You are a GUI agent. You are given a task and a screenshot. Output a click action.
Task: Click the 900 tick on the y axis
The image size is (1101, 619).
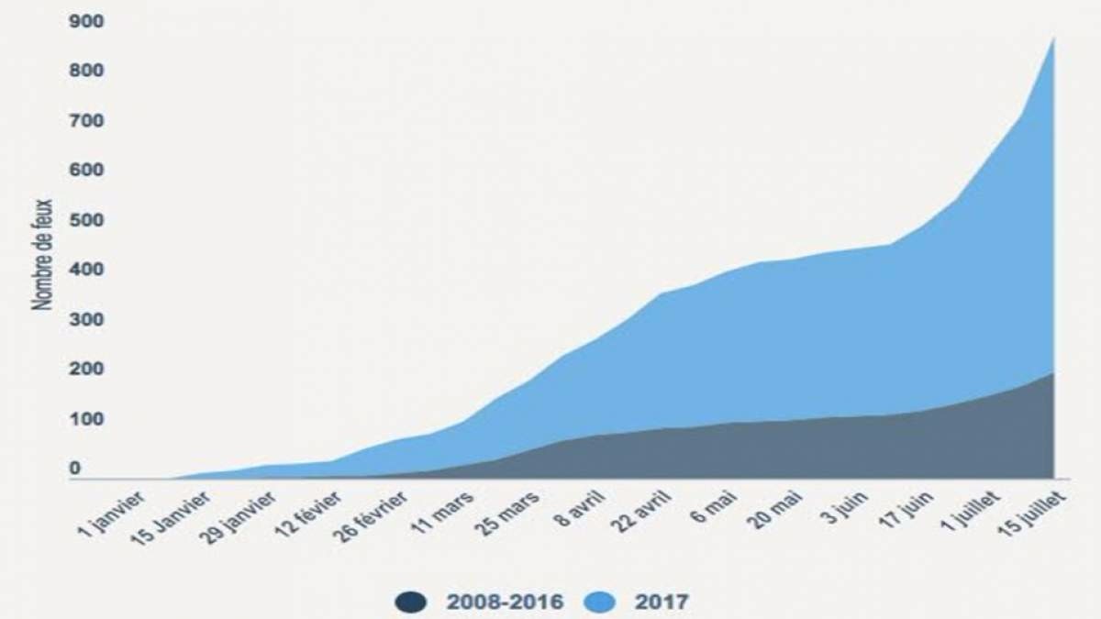click(x=86, y=21)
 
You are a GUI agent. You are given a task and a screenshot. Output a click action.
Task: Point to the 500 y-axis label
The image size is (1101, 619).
click(x=86, y=220)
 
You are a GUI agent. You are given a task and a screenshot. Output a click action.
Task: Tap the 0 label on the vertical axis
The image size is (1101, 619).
click(x=75, y=469)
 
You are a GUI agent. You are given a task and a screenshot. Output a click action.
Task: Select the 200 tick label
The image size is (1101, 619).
click(x=86, y=369)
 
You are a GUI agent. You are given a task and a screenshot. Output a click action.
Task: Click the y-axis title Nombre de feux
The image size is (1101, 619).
click(x=42, y=255)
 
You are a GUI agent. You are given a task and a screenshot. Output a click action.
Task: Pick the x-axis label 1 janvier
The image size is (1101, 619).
click(x=112, y=514)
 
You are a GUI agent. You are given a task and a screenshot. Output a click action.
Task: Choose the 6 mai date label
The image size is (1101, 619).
click(x=715, y=507)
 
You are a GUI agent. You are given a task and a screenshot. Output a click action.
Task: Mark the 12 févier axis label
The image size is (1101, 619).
click(x=308, y=514)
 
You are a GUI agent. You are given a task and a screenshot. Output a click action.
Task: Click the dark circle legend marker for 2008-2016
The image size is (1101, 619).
click(x=411, y=602)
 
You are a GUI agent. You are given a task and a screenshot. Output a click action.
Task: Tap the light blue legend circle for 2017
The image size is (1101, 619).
click(x=600, y=602)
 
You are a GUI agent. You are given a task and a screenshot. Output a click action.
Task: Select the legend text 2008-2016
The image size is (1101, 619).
click(x=506, y=602)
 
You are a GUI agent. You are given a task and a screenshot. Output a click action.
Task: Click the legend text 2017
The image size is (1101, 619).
click(x=662, y=602)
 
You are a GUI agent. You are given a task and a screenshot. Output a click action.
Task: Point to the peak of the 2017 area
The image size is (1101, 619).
click(x=1053, y=38)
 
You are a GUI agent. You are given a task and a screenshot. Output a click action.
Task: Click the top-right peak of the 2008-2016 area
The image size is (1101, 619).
click(x=1053, y=373)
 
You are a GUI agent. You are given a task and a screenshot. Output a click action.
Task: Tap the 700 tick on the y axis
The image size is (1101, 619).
click(x=86, y=121)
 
